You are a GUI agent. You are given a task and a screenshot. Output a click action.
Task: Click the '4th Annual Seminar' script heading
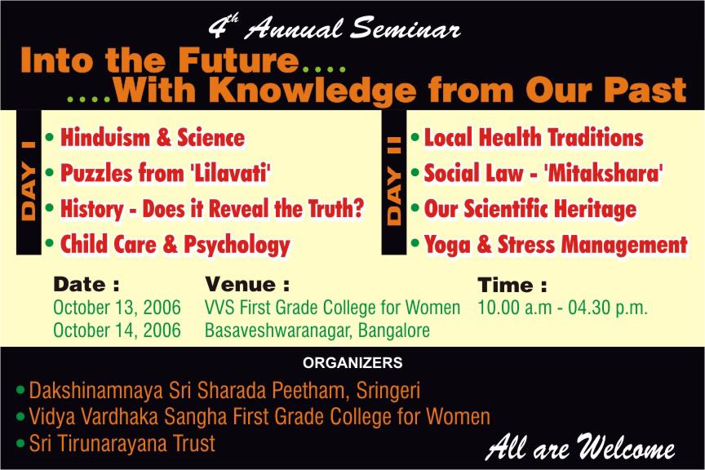(x=335, y=28)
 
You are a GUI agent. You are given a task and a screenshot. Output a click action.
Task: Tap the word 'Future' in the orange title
(x=238, y=60)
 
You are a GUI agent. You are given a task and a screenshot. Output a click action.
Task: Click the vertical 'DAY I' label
(x=29, y=182)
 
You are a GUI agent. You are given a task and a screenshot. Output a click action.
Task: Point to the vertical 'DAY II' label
(x=394, y=181)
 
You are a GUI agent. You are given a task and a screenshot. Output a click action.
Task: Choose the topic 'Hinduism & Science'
(x=153, y=137)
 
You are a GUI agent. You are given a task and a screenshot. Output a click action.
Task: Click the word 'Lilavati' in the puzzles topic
(x=230, y=173)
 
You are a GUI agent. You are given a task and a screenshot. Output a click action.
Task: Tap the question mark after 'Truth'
(x=358, y=208)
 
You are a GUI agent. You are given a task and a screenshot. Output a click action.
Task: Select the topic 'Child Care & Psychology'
(x=175, y=245)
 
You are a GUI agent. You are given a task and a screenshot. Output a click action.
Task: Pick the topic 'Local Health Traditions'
(x=534, y=137)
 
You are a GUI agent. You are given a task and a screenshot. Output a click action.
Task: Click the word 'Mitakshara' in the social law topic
(x=603, y=173)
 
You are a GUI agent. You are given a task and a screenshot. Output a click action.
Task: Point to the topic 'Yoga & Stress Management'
(x=556, y=245)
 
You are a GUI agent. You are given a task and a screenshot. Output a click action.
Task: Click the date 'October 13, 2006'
(x=117, y=308)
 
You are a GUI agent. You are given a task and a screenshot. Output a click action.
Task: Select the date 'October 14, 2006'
(x=117, y=330)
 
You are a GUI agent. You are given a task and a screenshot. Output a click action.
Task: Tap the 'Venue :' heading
(x=247, y=284)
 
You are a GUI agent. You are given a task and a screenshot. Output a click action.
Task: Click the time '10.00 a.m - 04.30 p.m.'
(x=562, y=308)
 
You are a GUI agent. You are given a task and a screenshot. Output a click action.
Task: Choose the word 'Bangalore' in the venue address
(x=394, y=330)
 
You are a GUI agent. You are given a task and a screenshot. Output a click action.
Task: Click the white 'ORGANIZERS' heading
(x=352, y=362)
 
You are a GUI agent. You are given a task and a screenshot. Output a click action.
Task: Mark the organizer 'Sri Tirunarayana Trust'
(x=122, y=443)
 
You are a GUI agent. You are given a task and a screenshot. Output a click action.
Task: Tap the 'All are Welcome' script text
(x=580, y=447)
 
